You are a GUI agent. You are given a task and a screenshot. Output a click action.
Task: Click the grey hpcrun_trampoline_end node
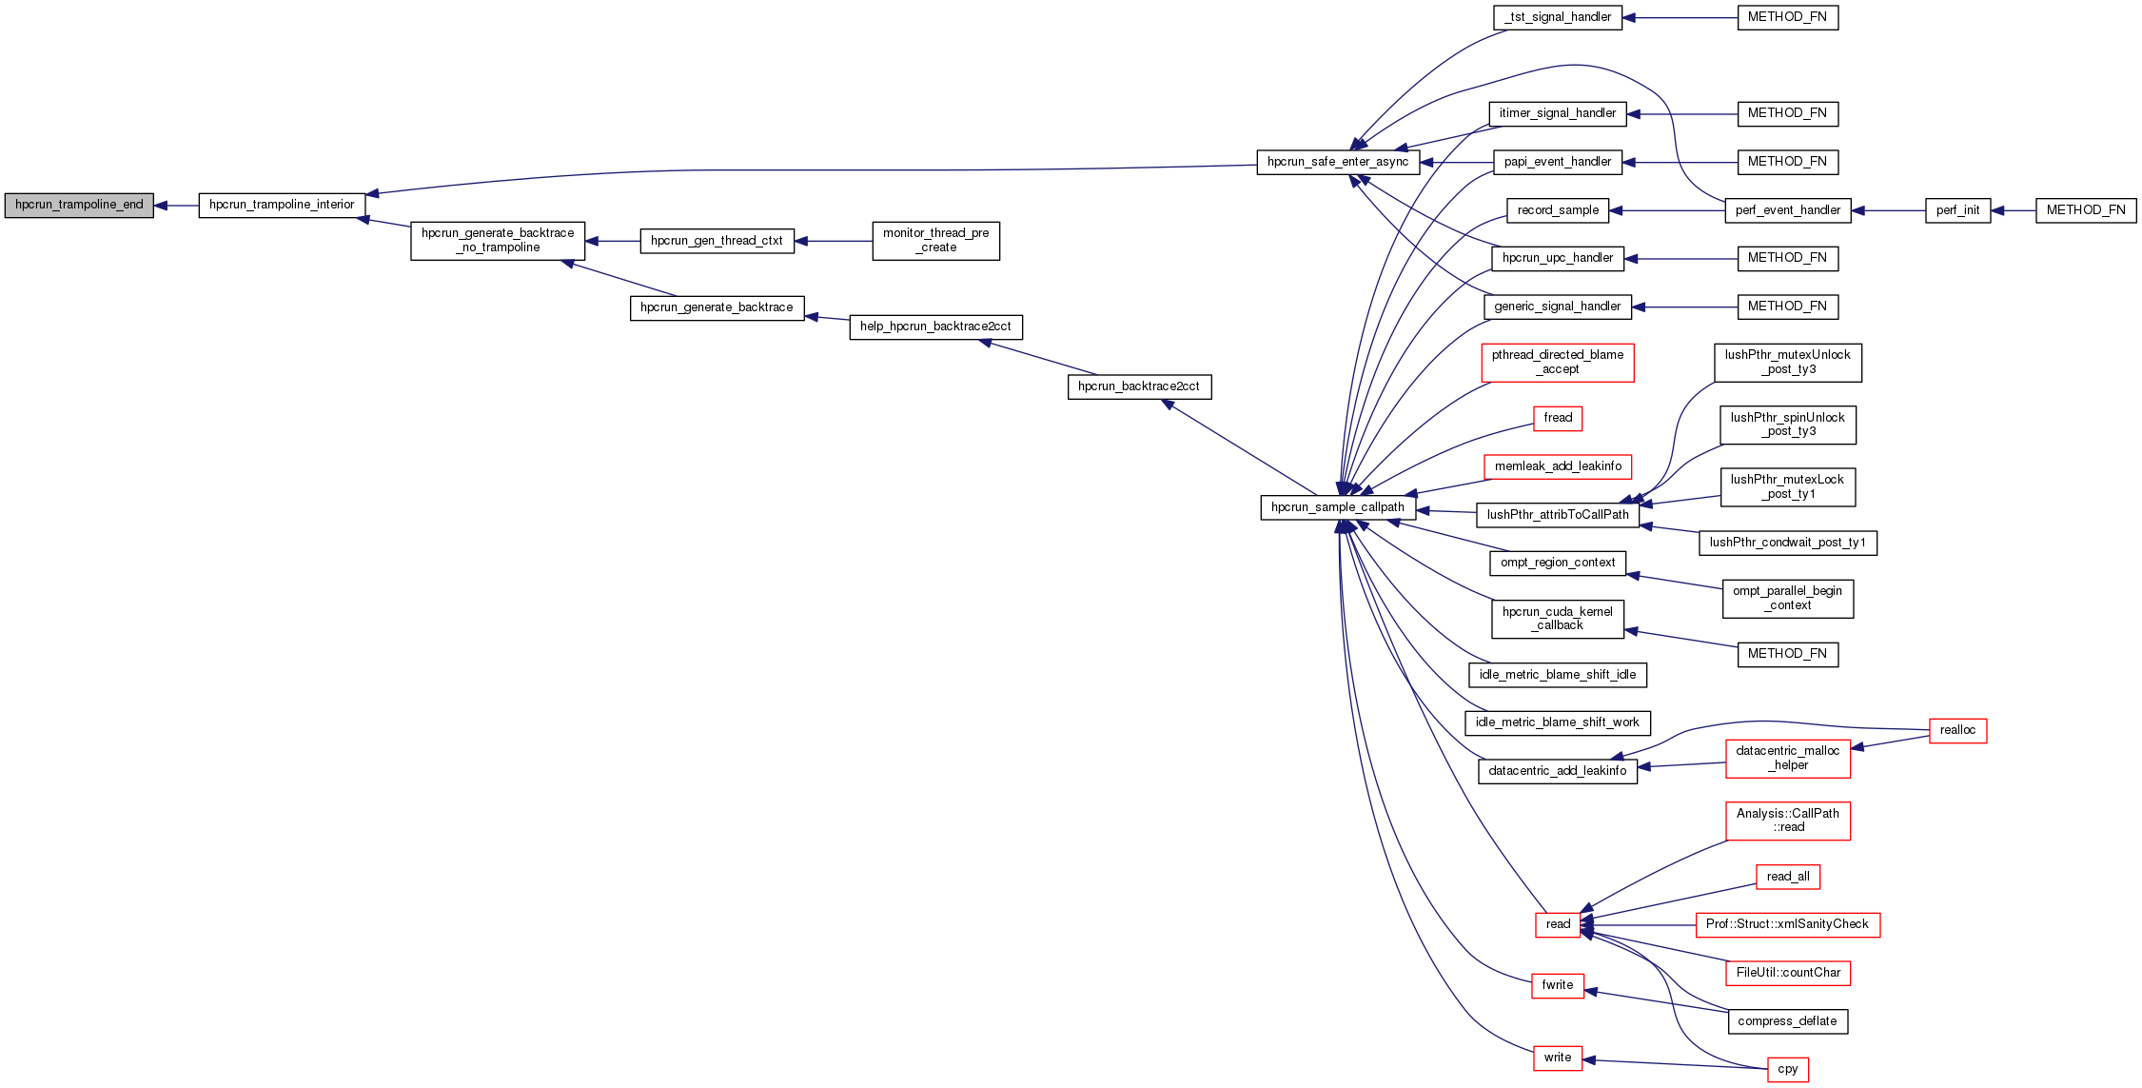click(x=79, y=205)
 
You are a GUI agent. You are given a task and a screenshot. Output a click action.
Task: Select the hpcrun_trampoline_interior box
click(x=282, y=205)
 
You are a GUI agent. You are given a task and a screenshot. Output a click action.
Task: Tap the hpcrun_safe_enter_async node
click(x=1338, y=162)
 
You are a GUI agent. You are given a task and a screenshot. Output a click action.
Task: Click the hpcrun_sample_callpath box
click(x=1337, y=507)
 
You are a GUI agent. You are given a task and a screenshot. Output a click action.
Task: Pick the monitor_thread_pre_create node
click(x=935, y=241)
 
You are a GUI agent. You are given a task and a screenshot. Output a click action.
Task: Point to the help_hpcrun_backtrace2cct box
click(x=935, y=326)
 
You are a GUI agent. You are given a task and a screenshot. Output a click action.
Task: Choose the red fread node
click(x=1558, y=418)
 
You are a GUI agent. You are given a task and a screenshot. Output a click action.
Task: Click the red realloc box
click(x=1957, y=730)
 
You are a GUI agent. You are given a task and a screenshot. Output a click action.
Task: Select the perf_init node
click(x=1957, y=210)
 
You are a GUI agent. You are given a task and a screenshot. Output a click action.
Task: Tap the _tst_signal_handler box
click(x=1558, y=17)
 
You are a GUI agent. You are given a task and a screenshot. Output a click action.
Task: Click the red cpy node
click(x=1787, y=1069)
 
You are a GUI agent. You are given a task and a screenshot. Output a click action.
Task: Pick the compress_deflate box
click(x=1787, y=1021)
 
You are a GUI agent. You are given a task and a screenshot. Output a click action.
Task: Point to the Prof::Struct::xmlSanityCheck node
click(x=1787, y=924)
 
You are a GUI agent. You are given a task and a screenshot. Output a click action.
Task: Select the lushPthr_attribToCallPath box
click(x=1558, y=515)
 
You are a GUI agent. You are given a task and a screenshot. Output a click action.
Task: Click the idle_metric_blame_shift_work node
click(x=1557, y=722)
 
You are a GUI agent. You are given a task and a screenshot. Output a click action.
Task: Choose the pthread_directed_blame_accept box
click(x=1558, y=363)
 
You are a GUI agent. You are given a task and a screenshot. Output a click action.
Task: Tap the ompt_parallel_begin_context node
click(x=1787, y=599)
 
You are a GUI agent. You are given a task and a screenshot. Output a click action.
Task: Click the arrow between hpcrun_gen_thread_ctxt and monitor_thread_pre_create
click(x=833, y=242)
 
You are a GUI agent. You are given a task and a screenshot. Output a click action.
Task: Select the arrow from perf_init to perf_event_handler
click(x=1888, y=210)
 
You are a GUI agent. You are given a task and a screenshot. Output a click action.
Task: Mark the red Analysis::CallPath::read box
click(x=1787, y=821)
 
